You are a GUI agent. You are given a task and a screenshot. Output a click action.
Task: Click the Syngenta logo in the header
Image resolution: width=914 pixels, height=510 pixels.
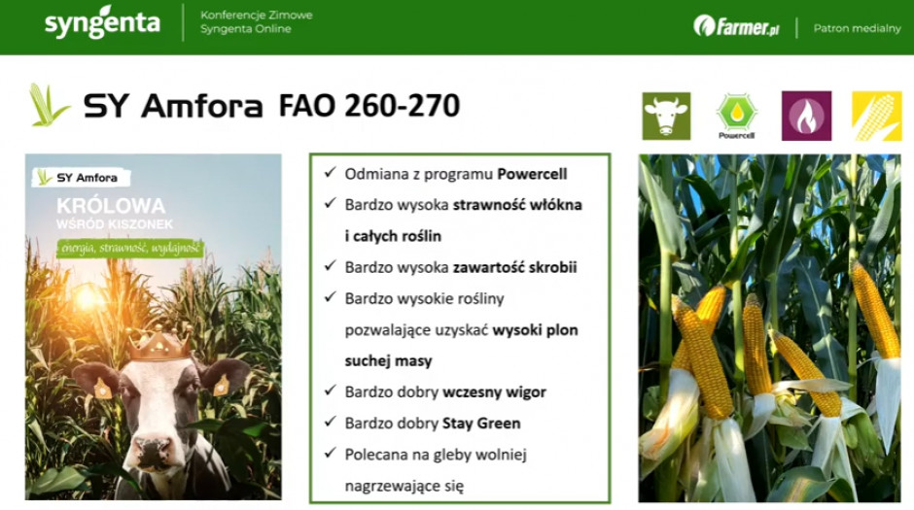tap(102, 22)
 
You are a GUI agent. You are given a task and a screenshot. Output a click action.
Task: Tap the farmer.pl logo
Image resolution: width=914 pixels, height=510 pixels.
tap(736, 26)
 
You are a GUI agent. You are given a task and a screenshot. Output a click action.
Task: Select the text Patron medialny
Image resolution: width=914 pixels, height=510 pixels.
tap(857, 28)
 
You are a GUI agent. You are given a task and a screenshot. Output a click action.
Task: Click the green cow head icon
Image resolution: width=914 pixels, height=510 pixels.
tap(666, 116)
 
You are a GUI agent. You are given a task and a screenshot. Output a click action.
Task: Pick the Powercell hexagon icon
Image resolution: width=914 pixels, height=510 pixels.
tap(737, 116)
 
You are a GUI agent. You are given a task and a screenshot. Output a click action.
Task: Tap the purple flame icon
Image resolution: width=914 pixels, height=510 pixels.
tap(806, 116)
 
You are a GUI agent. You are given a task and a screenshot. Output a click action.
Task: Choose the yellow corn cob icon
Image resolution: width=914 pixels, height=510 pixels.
tap(877, 116)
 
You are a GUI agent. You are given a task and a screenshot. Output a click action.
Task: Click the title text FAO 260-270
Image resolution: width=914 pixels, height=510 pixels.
tap(369, 105)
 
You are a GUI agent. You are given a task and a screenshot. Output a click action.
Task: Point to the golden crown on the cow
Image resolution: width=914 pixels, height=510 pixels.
tap(159, 344)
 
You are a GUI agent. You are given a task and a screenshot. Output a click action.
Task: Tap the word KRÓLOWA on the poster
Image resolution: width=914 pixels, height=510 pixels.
tap(111, 206)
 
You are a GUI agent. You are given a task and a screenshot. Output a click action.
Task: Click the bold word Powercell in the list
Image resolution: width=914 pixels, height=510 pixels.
tap(532, 174)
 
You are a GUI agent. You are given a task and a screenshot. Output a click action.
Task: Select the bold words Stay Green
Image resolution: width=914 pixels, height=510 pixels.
tap(481, 424)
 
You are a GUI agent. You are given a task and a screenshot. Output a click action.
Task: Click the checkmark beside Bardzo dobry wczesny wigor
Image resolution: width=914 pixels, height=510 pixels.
tap(331, 391)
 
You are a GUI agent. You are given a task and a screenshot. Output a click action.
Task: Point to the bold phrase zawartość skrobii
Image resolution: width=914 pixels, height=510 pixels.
tap(514, 267)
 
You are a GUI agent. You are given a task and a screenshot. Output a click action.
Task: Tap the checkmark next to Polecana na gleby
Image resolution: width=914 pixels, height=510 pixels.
tap(331, 453)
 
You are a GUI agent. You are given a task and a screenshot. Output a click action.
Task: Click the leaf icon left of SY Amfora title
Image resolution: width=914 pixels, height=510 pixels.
tap(49, 105)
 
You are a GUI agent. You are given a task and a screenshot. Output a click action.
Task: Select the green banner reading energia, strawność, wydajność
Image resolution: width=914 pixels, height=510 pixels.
tap(130, 249)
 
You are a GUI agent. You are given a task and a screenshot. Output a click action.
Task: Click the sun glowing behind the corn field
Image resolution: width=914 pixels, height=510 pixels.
tap(88, 298)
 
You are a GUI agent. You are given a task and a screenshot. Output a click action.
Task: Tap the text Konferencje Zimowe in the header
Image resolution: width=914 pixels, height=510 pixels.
tap(257, 16)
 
